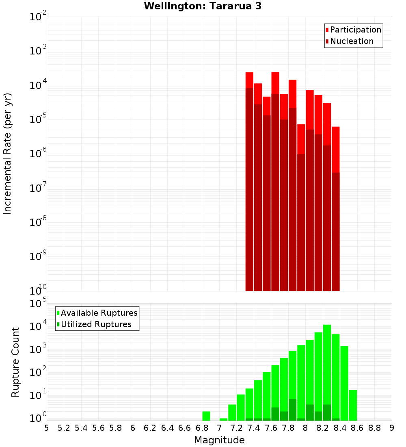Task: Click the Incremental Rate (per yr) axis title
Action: click(8, 154)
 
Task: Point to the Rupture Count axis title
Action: click(15, 362)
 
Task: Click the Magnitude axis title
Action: click(219, 440)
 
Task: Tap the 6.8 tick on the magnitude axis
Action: click(202, 428)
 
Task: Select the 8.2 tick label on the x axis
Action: click(323, 428)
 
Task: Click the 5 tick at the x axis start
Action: click(47, 428)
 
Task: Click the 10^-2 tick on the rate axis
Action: click(38, 17)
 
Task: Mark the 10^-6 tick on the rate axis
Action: click(38, 154)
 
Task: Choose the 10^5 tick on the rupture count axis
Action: click(38, 304)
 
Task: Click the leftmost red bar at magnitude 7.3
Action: click(249, 183)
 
